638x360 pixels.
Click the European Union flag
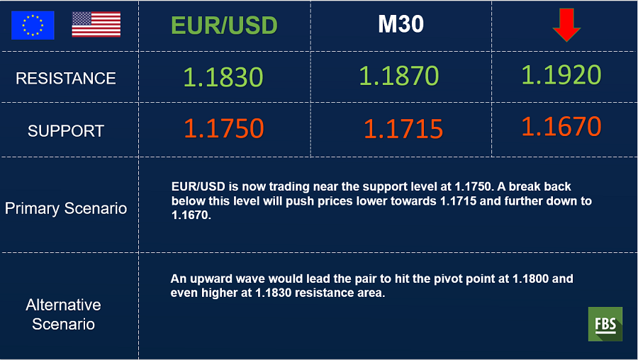33,26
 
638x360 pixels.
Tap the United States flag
96,24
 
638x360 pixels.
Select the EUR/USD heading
224,26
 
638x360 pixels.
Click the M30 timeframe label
401,24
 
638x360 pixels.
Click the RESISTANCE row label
66,78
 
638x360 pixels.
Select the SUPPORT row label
66,130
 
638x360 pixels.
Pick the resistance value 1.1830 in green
223,77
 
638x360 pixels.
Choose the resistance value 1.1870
398,76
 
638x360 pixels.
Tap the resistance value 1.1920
561,75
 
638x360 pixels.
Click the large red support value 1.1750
224,128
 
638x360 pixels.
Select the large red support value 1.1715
403,129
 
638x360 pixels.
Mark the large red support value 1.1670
561,126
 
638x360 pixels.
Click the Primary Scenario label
66,208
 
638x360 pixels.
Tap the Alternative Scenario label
64,315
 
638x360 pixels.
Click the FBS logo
605,324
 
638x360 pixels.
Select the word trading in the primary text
289,186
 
